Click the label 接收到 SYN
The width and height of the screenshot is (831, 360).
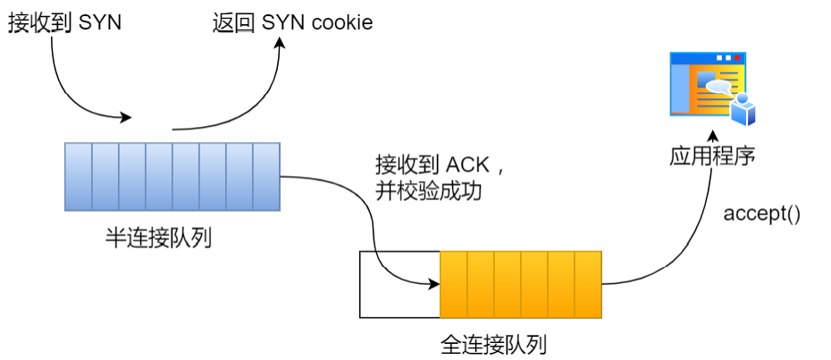pos(64,22)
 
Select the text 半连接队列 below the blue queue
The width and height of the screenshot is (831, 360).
pos(158,239)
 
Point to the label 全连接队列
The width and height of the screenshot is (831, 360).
pos(493,343)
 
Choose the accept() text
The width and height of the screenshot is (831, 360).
pos(761,214)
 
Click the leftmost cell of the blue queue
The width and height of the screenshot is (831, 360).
pos(79,177)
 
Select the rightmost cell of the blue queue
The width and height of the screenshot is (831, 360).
pos(266,177)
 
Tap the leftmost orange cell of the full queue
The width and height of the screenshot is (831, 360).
pos(454,284)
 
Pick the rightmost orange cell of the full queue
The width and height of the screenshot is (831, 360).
pos(588,284)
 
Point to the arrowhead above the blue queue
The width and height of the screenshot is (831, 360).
pos(127,118)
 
